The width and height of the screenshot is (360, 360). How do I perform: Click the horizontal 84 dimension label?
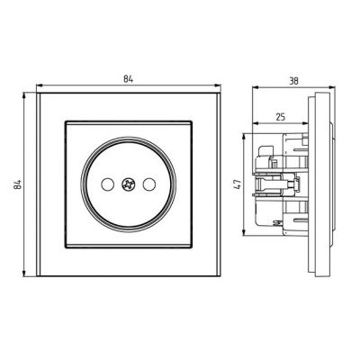[x=128, y=79]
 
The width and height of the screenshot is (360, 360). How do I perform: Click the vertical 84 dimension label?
[x=17, y=184]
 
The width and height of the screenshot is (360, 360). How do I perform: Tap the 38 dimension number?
[x=293, y=81]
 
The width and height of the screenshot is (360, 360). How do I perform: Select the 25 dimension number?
[x=280, y=117]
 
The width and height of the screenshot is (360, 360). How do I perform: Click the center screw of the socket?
[x=129, y=184]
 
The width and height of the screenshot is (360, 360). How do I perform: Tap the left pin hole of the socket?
[x=107, y=184]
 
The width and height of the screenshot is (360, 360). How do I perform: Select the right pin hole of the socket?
[x=149, y=184]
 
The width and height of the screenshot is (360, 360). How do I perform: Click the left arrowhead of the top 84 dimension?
[x=40, y=86]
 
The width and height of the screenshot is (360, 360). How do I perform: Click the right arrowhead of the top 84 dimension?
[x=218, y=86]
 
